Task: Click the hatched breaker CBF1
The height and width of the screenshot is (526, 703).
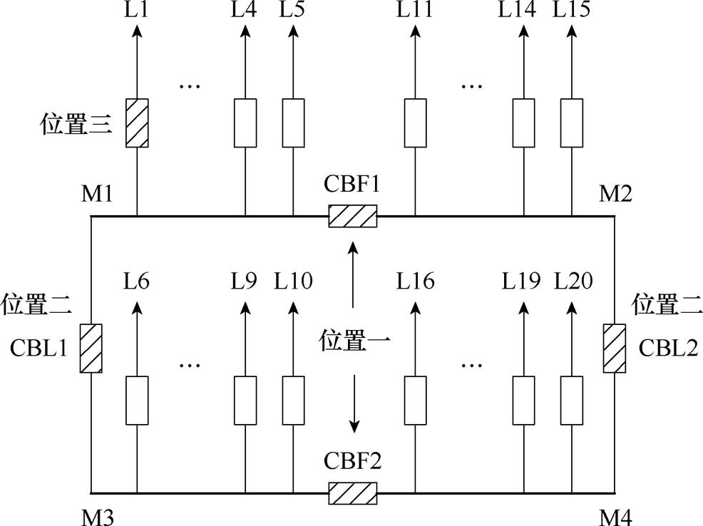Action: click(x=352, y=216)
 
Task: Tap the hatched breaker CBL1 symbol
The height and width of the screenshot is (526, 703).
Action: click(x=91, y=349)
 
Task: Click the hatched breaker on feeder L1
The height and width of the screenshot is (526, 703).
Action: click(x=137, y=123)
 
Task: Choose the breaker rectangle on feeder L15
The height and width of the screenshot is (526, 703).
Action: click(x=572, y=123)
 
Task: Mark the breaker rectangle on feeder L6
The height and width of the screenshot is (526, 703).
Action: click(x=137, y=400)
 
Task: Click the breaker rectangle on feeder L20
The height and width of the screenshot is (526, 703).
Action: click(x=572, y=400)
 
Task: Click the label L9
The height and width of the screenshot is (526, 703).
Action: click(x=244, y=282)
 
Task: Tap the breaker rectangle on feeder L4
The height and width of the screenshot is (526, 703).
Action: click(x=245, y=123)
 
